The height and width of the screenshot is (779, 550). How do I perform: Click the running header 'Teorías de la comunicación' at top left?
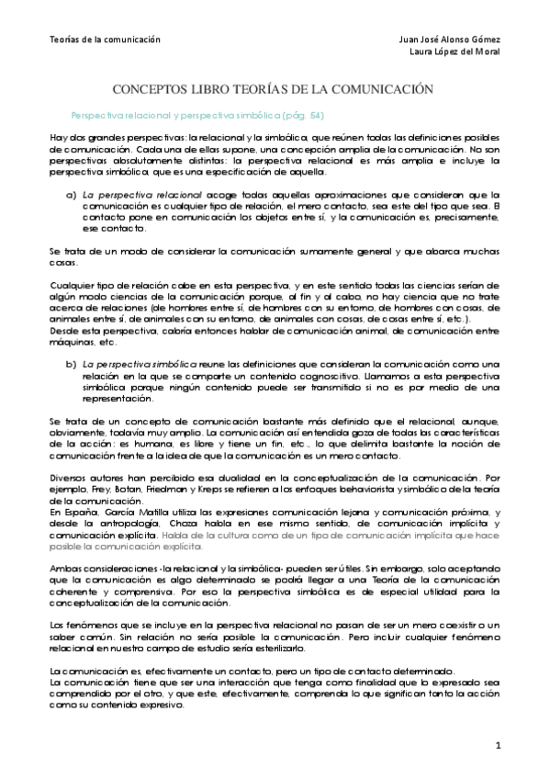(x=104, y=40)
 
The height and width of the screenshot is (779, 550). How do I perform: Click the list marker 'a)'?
(x=70, y=195)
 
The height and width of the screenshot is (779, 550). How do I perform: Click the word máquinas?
(x=67, y=342)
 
